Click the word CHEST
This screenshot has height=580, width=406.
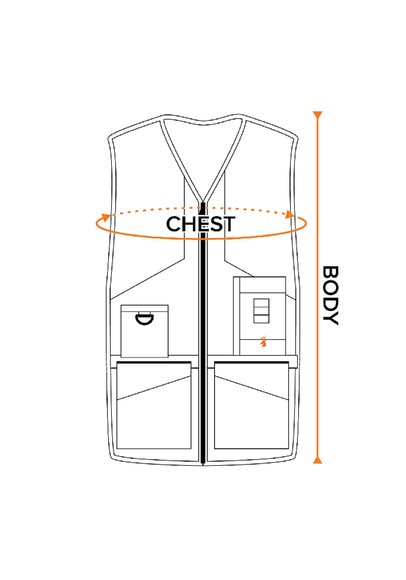tap(201, 224)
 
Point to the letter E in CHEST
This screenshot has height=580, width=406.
tap(202, 224)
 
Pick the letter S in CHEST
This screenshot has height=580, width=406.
tap(214, 224)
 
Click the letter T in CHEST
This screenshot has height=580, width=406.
tap(228, 224)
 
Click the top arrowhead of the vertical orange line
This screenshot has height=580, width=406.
tap(318, 113)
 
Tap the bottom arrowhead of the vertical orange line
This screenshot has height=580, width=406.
tap(318, 460)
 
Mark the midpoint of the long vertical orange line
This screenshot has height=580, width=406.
tap(318, 287)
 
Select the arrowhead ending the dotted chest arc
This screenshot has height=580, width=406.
tap(288, 215)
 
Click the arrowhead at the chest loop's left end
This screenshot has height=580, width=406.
tap(105, 217)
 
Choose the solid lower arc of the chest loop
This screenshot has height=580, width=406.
tap(200, 238)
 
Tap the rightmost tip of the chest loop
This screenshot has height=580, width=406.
tap(306, 223)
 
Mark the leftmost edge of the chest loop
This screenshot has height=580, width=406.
tap(96, 224)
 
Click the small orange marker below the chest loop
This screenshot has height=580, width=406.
tap(264, 342)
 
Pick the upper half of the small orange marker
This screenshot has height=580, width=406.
tap(264, 339)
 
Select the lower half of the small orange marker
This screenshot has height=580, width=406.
tap(264, 344)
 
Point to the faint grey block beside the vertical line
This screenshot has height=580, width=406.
tap(331, 294)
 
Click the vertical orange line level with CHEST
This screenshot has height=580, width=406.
tap(318, 224)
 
